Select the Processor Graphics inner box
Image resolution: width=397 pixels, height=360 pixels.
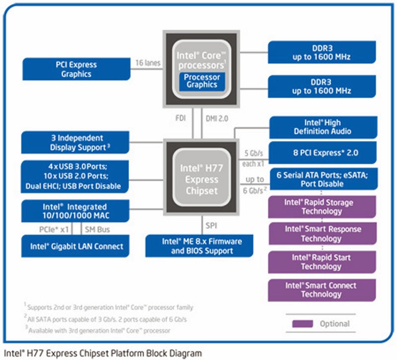201,81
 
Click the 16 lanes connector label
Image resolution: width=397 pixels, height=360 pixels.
147,63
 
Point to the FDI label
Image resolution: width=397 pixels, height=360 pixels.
181,120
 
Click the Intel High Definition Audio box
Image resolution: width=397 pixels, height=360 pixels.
323,127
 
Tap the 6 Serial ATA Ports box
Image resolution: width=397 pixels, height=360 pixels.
323,179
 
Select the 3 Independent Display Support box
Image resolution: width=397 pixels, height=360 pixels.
76,143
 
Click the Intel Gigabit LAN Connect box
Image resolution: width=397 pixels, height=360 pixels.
76,246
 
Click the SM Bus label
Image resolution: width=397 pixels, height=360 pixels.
97,229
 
